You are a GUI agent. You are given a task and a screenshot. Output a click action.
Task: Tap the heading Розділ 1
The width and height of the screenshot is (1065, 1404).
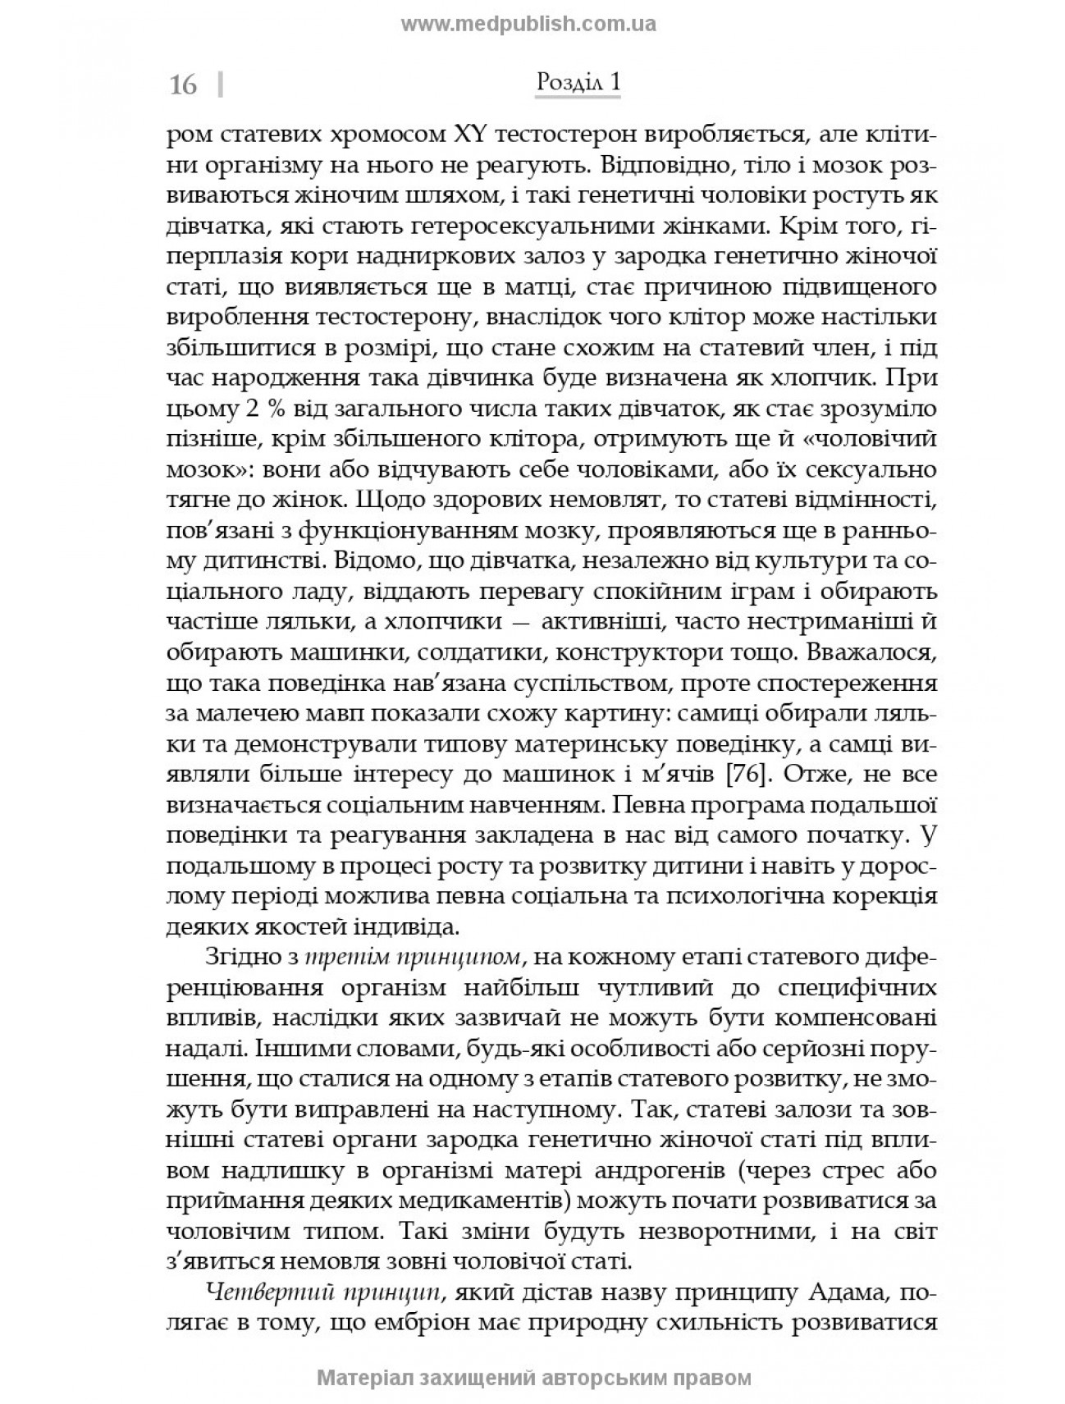pos(578,82)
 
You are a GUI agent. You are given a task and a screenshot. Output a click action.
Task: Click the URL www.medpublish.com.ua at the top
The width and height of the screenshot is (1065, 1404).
pos(528,24)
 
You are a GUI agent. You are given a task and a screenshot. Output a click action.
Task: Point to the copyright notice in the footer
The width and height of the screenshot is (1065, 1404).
pos(533,1377)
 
